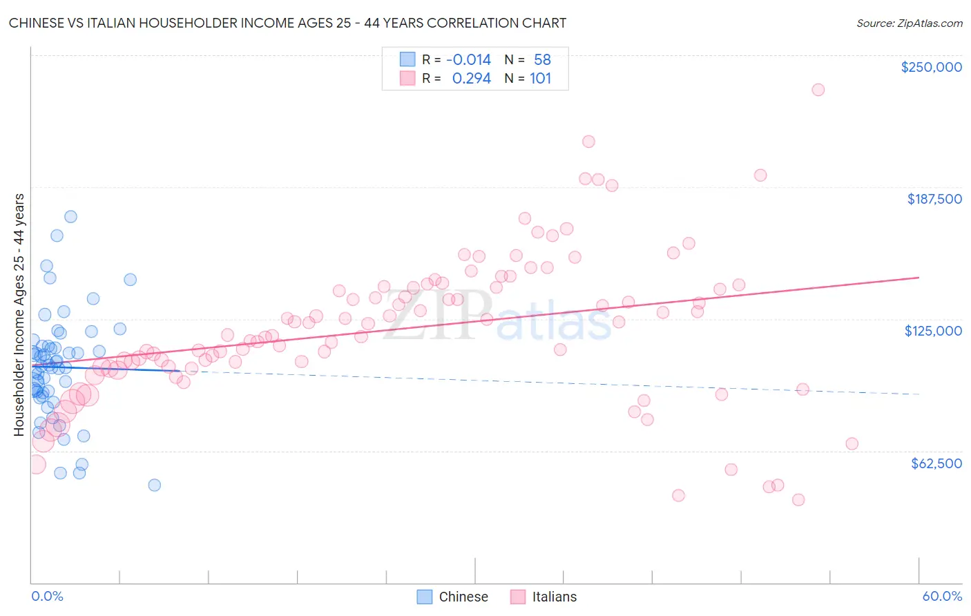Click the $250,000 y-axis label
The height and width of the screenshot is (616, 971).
pyautogui.click(x=931, y=67)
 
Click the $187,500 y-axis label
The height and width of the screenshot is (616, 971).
pyautogui.click(x=934, y=199)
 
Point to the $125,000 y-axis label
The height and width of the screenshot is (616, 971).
pyautogui.click(x=933, y=331)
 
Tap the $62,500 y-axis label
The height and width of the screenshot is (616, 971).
pyautogui.click(x=936, y=463)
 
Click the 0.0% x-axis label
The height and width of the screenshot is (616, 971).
pyautogui.click(x=47, y=596)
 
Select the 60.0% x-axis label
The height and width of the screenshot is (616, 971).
pyautogui.click(x=942, y=596)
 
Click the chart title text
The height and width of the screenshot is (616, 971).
pyautogui.click(x=287, y=23)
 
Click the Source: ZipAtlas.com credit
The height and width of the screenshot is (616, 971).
pyautogui.click(x=909, y=23)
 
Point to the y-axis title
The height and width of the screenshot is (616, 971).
pyautogui.click(x=19, y=315)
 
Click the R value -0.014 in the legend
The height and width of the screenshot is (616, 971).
pyautogui.click(x=468, y=59)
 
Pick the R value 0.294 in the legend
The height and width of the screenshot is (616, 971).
pyautogui.click(x=471, y=78)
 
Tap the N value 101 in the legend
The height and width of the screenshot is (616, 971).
pyautogui.click(x=540, y=78)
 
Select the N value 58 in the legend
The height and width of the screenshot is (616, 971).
pyautogui.click(x=542, y=59)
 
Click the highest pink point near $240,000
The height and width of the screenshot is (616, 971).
pyautogui.click(x=818, y=90)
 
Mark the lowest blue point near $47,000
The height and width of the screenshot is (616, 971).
pyautogui.click(x=154, y=485)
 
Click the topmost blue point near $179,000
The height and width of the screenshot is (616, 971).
pyautogui.click(x=70, y=217)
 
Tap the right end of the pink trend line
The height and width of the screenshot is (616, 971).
pyautogui.click(x=919, y=277)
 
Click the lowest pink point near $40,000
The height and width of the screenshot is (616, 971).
pyautogui.click(x=798, y=500)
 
